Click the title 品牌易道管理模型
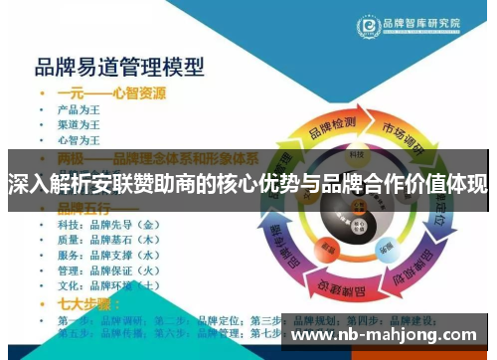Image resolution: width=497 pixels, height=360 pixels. (119, 68)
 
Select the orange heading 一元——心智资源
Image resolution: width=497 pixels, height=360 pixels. (111, 93)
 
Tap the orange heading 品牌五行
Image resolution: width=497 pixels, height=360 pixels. (83, 208)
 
